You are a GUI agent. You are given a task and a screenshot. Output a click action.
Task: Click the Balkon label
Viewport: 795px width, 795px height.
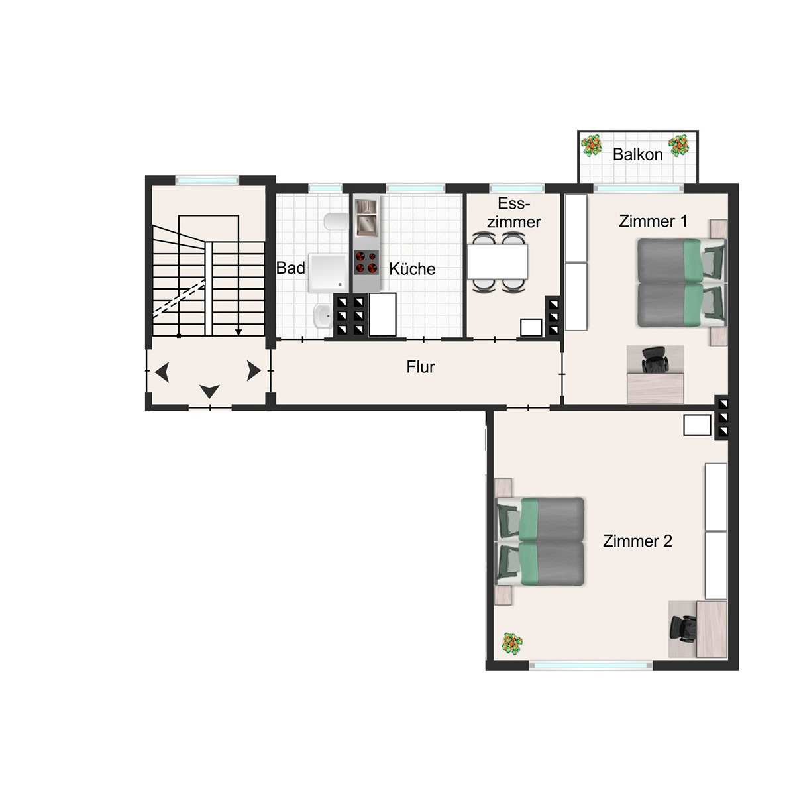click(637, 155)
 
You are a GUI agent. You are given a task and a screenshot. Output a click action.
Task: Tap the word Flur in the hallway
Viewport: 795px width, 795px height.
click(421, 367)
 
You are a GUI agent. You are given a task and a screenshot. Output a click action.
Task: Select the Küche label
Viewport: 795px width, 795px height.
click(412, 269)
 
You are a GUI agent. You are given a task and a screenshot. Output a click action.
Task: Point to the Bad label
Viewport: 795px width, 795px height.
click(291, 268)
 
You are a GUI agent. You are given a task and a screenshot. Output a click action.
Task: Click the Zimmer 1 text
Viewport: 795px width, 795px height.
click(653, 221)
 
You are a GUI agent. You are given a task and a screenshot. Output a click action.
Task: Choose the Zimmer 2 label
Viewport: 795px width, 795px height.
click(637, 541)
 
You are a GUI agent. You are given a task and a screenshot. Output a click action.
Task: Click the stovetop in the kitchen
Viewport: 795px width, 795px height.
click(366, 262)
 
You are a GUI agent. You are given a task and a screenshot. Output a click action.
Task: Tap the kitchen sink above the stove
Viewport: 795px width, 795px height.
click(366, 218)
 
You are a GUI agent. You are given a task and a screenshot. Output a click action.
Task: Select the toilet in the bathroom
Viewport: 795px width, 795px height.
click(337, 222)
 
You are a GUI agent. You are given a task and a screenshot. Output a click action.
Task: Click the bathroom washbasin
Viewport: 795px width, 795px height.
click(323, 317)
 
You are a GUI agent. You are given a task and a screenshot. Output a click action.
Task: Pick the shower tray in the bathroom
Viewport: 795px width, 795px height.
click(328, 273)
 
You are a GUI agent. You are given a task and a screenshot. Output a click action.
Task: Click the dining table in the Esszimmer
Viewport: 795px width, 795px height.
click(497, 262)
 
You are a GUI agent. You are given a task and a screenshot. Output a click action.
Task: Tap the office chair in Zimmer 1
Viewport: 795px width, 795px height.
click(654, 360)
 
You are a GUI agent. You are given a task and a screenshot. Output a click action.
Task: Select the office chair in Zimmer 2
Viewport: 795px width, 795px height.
click(683, 629)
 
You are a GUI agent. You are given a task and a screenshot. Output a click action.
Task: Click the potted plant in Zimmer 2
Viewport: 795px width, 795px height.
click(511, 643)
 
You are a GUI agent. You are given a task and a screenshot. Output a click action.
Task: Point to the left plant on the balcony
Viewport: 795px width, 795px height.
click(592, 146)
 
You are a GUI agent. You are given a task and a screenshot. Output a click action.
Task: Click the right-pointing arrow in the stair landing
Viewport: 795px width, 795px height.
click(254, 370)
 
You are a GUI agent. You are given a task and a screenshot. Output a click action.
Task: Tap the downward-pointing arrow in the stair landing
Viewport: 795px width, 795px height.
click(209, 391)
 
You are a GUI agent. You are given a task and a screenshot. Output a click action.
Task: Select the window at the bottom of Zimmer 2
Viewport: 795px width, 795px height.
click(591, 665)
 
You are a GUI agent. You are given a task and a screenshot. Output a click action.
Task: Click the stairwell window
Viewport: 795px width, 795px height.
click(207, 180)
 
